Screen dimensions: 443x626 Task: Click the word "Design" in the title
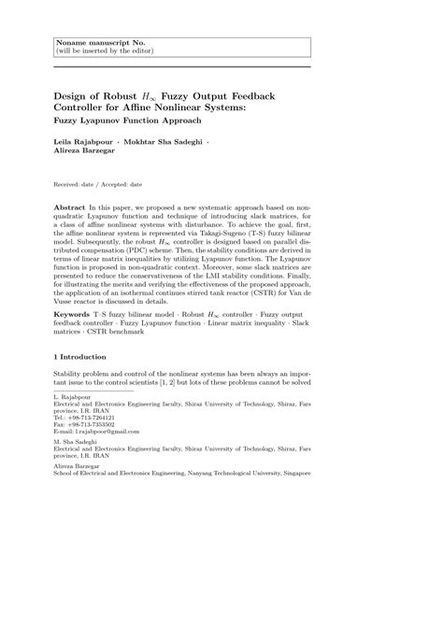pyautogui.click(x=77, y=97)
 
